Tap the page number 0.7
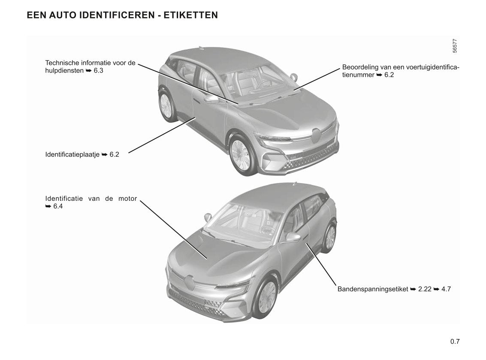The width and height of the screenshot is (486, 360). tap(455, 342)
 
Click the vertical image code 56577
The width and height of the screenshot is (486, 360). tap(455, 46)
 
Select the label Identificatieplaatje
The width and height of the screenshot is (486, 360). tap(72, 154)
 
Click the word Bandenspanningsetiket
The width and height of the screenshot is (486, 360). tap(373, 289)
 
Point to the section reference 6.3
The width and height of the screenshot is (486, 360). tap(98, 70)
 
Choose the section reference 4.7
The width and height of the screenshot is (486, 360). tap(446, 289)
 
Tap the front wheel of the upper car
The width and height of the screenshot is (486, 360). tap(241, 154)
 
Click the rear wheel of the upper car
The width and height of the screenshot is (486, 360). tap(166, 105)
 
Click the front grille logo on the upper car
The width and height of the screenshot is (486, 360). tap(316, 136)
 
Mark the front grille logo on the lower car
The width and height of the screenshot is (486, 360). tap(189, 282)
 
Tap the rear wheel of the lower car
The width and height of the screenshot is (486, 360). tap(330, 237)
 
